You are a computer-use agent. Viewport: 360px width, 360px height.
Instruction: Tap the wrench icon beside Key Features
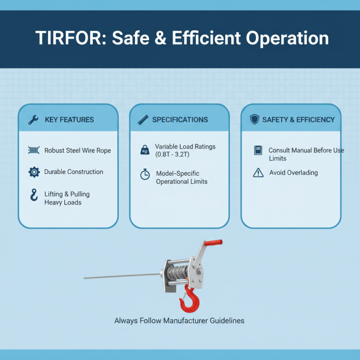[x=33, y=120]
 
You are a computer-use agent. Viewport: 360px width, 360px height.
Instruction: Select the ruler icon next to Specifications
[x=144, y=120]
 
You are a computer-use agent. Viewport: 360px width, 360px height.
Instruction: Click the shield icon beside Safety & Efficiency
[x=254, y=120]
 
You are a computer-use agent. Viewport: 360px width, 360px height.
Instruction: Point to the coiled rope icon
[x=33, y=150]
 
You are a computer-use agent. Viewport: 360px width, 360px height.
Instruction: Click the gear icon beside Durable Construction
[x=33, y=172]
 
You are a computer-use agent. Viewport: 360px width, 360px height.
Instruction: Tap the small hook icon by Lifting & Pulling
[x=33, y=195]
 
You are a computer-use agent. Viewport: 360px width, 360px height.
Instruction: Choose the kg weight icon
[x=145, y=150]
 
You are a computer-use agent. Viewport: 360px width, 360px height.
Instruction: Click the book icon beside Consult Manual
[x=258, y=150]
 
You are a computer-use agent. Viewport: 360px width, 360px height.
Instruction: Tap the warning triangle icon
[x=258, y=172]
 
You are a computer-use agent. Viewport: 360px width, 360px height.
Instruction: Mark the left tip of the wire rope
[x=85, y=278]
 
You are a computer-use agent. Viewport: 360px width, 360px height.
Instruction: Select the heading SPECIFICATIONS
[x=180, y=120]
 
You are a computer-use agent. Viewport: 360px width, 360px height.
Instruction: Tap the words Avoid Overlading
[x=293, y=172]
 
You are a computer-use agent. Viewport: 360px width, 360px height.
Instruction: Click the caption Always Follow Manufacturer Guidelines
[x=179, y=321]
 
